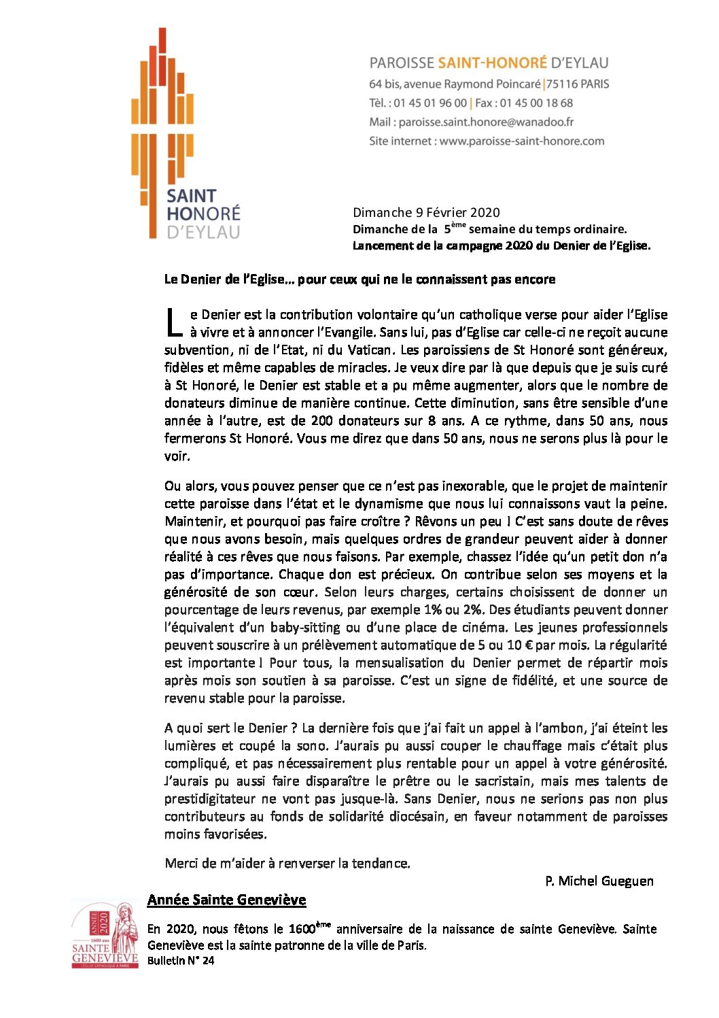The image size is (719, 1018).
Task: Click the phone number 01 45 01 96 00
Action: [x=429, y=103]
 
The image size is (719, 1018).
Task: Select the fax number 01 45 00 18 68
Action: [x=536, y=103]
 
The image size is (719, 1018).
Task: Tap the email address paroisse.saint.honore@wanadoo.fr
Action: [x=486, y=122]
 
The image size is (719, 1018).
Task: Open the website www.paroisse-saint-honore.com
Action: [x=522, y=141]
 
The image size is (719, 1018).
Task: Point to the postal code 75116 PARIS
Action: [x=577, y=84]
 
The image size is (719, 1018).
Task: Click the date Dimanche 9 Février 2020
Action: [x=426, y=213]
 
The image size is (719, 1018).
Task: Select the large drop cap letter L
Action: [x=174, y=322]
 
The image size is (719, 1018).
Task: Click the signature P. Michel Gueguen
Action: [x=599, y=881]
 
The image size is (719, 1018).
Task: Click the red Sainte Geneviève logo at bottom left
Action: [x=104, y=934]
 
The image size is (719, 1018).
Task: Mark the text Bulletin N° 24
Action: [x=180, y=961]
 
